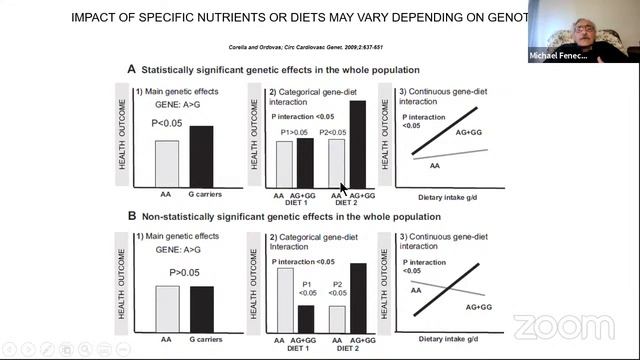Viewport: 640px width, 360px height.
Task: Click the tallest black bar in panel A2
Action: pos(357,143)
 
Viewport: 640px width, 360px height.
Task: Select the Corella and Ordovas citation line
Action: pos(319,46)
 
